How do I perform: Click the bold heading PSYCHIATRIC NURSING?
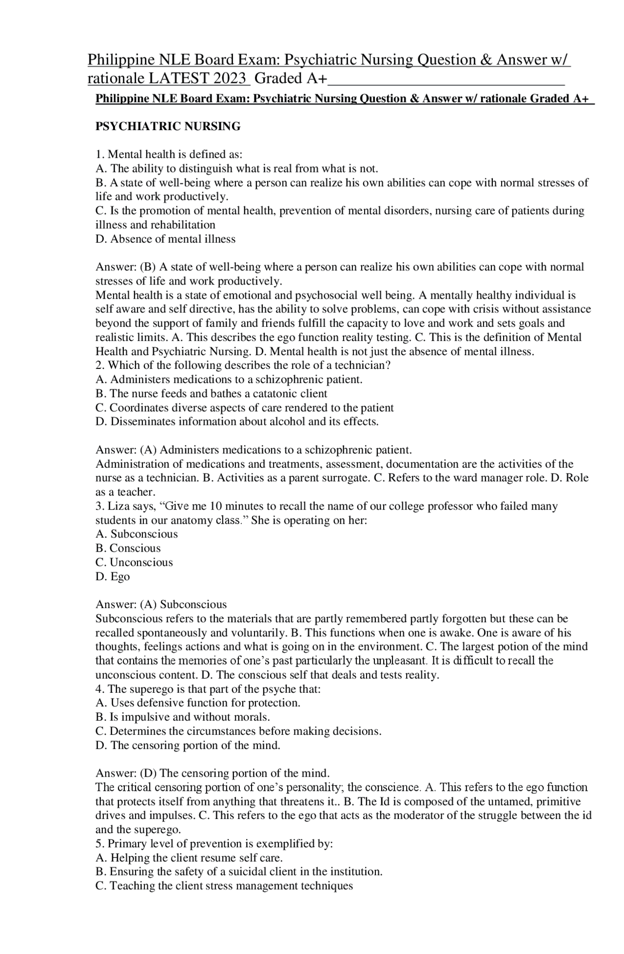point(168,127)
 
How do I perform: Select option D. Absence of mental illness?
point(165,239)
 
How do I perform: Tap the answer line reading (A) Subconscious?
point(161,605)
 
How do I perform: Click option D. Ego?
point(113,577)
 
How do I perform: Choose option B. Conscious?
point(128,549)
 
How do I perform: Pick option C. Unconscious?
point(134,563)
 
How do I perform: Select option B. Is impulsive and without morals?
point(183,717)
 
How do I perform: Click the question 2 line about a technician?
point(243,365)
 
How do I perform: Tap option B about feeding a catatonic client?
point(211,394)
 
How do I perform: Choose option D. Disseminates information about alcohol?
point(237,422)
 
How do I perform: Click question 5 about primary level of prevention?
point(214,844)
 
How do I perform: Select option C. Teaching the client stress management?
point(224,886)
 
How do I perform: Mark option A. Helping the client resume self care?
point(189,858)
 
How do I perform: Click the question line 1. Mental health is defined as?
point(169,155)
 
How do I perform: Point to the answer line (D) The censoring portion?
point(213,773)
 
